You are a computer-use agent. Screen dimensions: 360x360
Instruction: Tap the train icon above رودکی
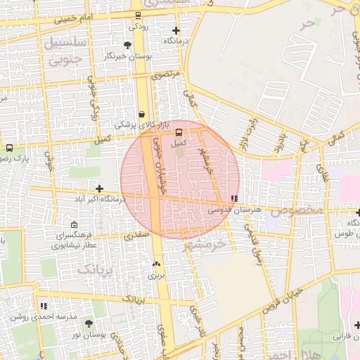[138, 15]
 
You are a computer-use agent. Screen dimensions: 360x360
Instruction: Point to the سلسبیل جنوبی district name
[64, 51]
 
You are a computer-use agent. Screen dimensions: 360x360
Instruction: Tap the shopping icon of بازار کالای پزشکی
[142, 113]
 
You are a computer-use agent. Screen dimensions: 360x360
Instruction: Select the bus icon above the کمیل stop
[179, 131]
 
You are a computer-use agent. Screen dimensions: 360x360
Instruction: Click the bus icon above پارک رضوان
[9, 148]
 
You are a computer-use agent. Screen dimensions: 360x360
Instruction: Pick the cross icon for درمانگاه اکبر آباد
[99, 188]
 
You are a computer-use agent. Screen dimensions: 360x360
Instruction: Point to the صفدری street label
[135, 237]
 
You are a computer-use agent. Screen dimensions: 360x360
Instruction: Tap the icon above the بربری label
[155, 264]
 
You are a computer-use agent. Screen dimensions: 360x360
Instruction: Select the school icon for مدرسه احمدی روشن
[44, 306]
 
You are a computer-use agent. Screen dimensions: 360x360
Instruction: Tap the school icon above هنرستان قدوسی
[234, 199]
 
